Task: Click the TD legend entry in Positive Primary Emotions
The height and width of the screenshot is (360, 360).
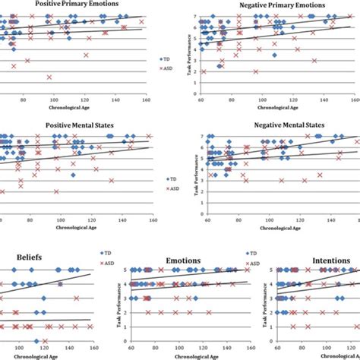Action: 166,57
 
